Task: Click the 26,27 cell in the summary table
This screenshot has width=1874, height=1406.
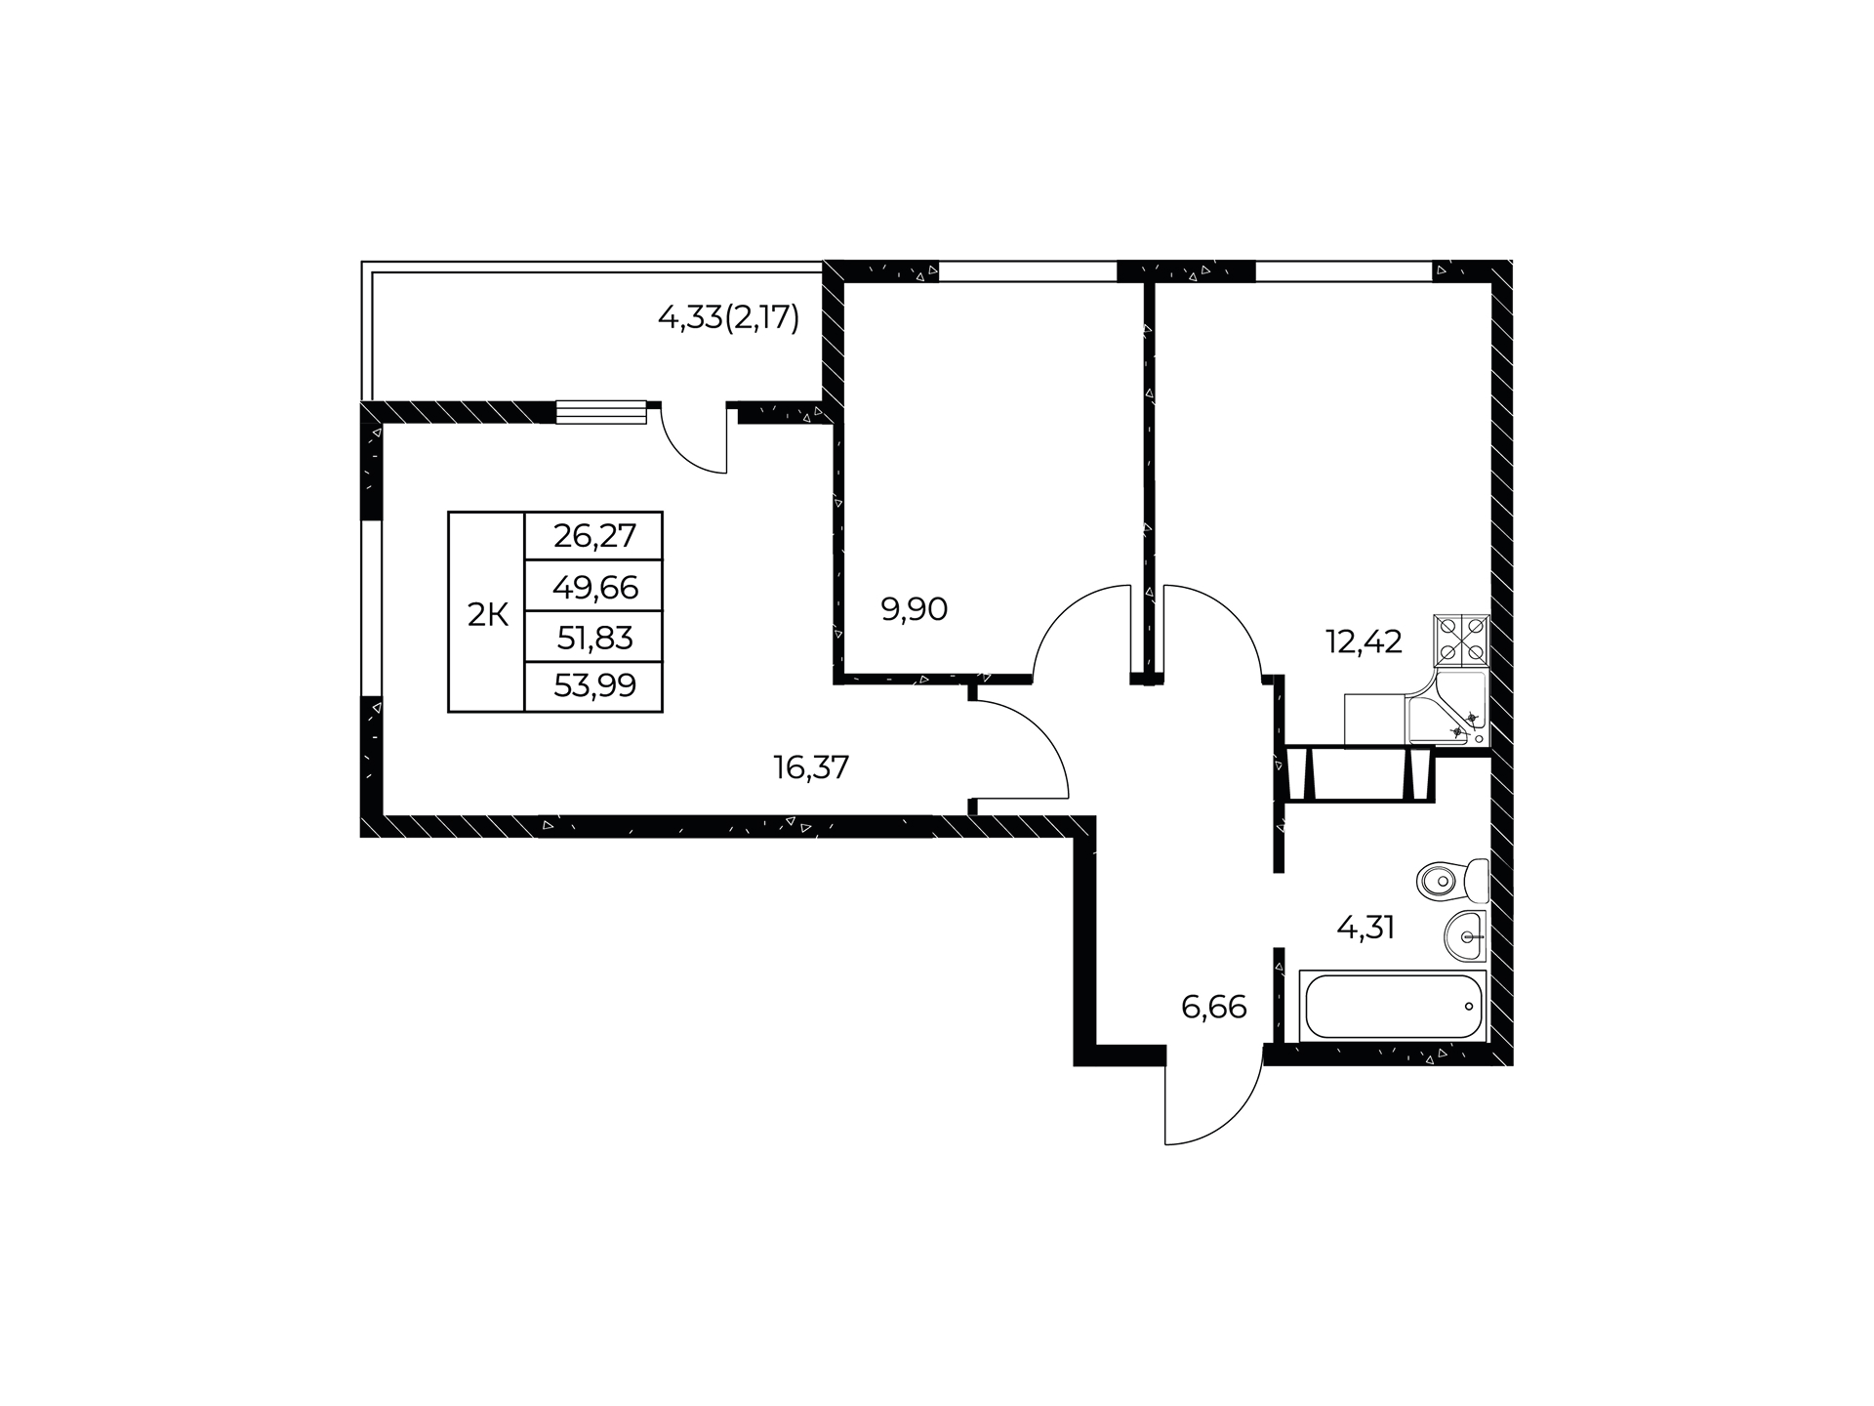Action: coord(594,535)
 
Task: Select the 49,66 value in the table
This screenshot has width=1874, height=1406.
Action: coord(594,587)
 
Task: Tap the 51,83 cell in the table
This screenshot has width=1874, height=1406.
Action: coord(594,638)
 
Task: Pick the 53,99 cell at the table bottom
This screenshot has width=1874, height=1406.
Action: coord(594,686)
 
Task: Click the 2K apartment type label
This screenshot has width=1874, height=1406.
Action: coord(488,615)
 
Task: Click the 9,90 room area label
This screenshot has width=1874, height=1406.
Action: coord(915,609)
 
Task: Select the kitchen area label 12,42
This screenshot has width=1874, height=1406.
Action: coord(1364,641)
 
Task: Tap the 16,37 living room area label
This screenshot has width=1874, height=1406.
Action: coord(811,767)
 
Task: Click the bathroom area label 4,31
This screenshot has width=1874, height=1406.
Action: coord(1365,927)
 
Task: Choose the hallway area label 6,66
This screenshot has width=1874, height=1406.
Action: coord(1214,1007)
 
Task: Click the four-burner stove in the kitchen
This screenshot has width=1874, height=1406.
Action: coord(1461,641)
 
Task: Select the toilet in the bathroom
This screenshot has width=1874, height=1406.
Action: coord(1452,882)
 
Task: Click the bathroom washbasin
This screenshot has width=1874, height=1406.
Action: coord(1465,936)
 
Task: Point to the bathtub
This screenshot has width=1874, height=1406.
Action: coord(1393,1006)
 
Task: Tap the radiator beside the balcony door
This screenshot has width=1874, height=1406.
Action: coord(601,412)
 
